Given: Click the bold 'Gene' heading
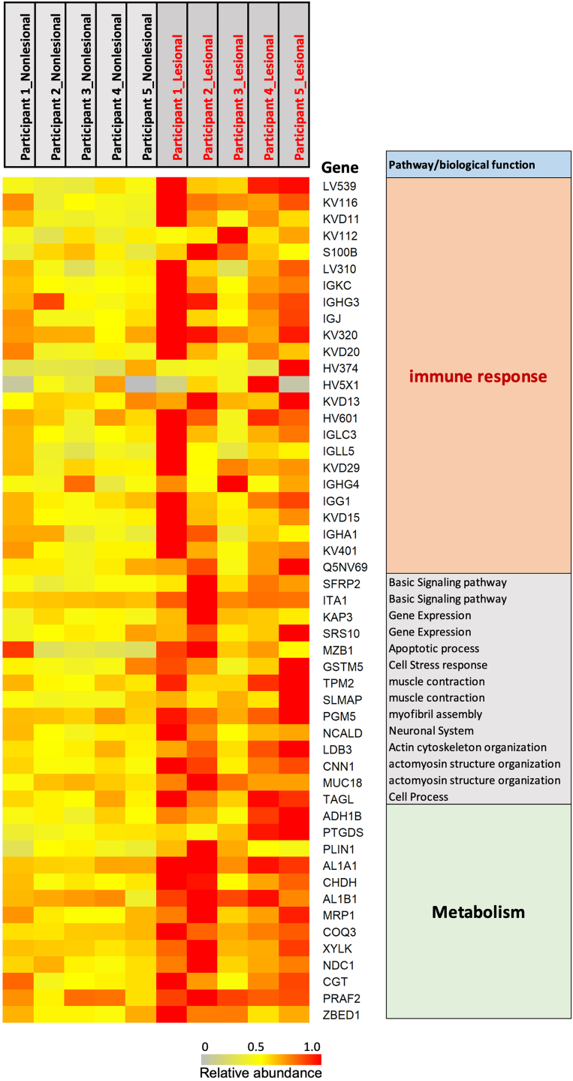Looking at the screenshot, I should pos(340,167).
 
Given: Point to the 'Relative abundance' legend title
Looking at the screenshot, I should pos(261,1072).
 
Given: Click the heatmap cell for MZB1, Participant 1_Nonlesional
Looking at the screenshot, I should pos(18,648).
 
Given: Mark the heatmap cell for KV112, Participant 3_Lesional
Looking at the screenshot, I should pos(233,235).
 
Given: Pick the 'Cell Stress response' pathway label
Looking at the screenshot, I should pos(438,665).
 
